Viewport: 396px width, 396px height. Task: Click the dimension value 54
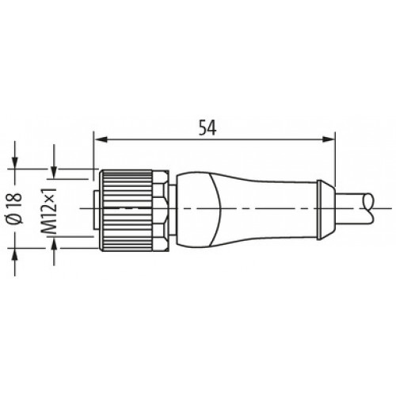208,128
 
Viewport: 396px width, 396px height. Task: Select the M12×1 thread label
49,211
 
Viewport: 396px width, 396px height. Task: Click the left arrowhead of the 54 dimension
101,139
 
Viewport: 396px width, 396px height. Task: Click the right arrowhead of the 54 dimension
329,139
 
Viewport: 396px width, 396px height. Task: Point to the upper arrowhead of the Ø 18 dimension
15,163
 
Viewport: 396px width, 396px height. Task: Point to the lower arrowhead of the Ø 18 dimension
15,254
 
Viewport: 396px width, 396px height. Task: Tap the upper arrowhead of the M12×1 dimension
54,173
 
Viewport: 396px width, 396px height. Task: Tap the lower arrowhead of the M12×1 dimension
54,244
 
